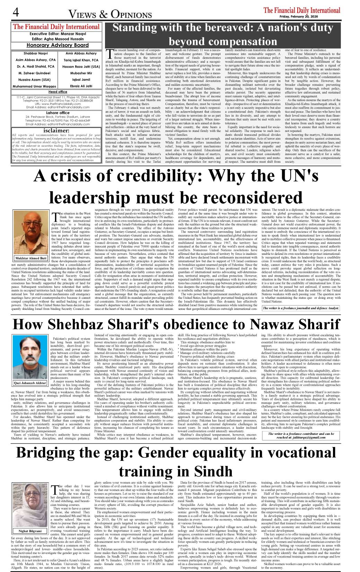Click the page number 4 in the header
[x=16, y=12]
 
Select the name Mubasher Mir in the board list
[x=81, y=73]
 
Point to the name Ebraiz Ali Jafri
[x=81, y=86]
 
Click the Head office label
[x=58, y=92]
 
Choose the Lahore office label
[x=58, y=113]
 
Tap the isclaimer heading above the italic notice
[x=56, y=131]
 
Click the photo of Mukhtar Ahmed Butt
[x=31, y=233]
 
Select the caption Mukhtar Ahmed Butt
[x=31, y=258]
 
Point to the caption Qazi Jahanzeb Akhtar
[x=30, y=383]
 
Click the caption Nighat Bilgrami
[x=30, y=531]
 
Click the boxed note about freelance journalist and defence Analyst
[x=300, y=308]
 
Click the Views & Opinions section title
[x=110, y=14]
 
